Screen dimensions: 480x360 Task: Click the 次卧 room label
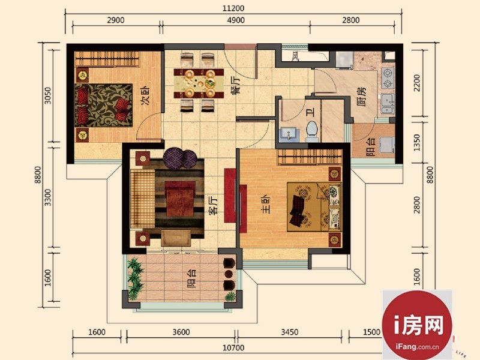tap(146, 96)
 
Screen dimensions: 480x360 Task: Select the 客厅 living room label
tap(213, 205)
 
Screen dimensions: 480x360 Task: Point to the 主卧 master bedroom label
tap(265, 204)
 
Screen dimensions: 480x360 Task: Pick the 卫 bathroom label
tap(311, 113)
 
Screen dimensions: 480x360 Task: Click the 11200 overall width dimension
tap(233, 8)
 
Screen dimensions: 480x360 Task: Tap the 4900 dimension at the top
tap(236, 20)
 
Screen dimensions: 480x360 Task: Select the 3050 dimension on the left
tap(48, 95)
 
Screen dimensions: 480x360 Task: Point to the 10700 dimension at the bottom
tap(233, 348)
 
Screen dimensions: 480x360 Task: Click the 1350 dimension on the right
tap(416, 143)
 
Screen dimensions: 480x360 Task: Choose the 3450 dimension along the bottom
tap(290, 332)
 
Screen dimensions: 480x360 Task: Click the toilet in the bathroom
tap(312, 131)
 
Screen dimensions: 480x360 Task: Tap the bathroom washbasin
tap(288, 134)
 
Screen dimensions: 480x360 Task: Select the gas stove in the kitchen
tap(388, 79)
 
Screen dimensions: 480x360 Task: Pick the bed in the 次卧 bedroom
tap(103, 104)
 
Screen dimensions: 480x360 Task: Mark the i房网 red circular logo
tap(417, 325)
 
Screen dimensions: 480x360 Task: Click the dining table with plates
tap(199, 83)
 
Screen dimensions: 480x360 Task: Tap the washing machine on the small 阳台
tap(386, 145)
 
